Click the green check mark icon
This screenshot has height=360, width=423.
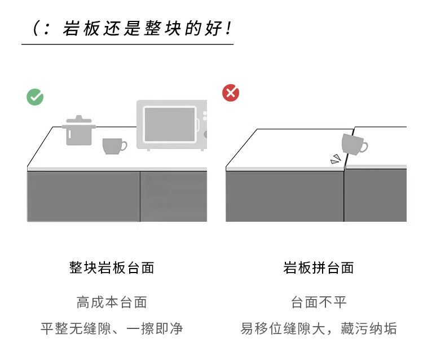tap(35, 97)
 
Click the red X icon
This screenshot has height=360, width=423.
tap(231, 93)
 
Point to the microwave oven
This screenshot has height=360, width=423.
tap(171, 125)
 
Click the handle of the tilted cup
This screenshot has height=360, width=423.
tap(364, 148)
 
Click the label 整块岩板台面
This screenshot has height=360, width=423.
tap(112, 267)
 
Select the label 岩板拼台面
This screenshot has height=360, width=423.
tap(319, 267)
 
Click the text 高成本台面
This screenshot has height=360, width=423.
tap(112, 302)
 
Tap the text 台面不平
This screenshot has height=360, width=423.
tap(319, 302)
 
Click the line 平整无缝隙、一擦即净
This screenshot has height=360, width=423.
tap(112, 329)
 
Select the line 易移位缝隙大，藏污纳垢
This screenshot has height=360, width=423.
tap(319, 329)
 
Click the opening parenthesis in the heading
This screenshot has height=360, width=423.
tap(36, 28)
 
